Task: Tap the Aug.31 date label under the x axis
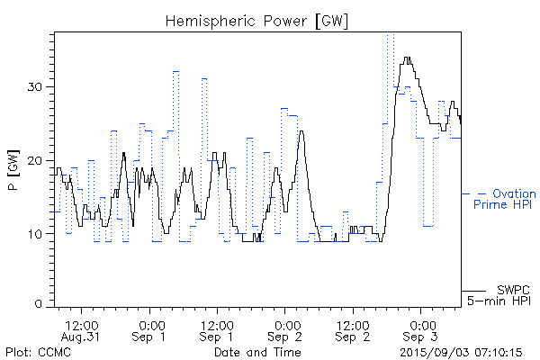pyautogui.click(x=82, y=336)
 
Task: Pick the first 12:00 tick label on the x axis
pyautogui.click(x=82, y=323)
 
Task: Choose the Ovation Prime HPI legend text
pyautogui.click(x=504, y=200)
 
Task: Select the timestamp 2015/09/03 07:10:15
pyautogui.click(x=461, y=351)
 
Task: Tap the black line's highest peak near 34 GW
pyautogui.click(x=408, y=58)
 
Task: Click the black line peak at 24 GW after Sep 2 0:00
pyautogui.click(x=301, y=131)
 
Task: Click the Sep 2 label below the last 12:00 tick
pyautogui.click(x=352, y=336)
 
